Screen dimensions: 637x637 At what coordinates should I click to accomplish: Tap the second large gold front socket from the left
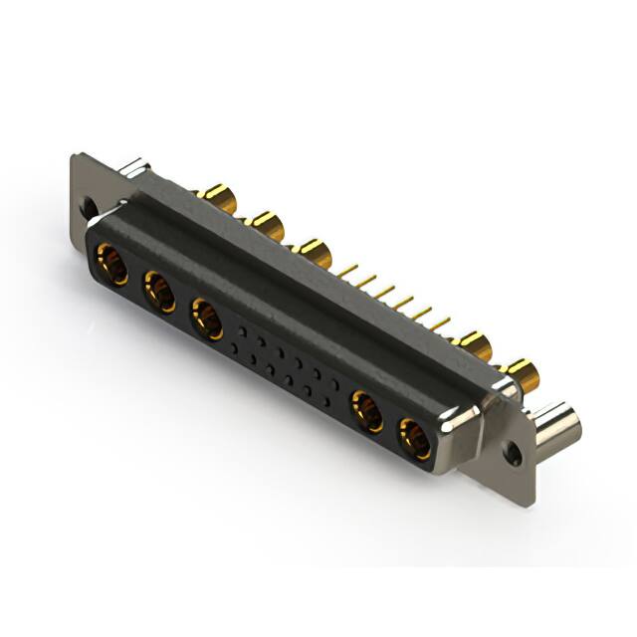click(x=159, y=293)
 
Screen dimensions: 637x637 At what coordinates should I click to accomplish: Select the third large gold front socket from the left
click(x=207, y=319)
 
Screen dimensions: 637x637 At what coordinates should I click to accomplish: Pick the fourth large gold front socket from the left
click(x=367, y=411)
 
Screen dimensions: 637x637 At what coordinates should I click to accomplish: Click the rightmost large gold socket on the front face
click(x=415, y=438)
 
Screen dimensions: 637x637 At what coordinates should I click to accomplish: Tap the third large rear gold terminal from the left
click(x=315, y=252)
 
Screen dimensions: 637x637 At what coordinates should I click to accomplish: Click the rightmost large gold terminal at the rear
click(x=521, y=376)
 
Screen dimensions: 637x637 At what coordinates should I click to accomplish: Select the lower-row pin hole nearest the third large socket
click(x=234, y=345)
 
